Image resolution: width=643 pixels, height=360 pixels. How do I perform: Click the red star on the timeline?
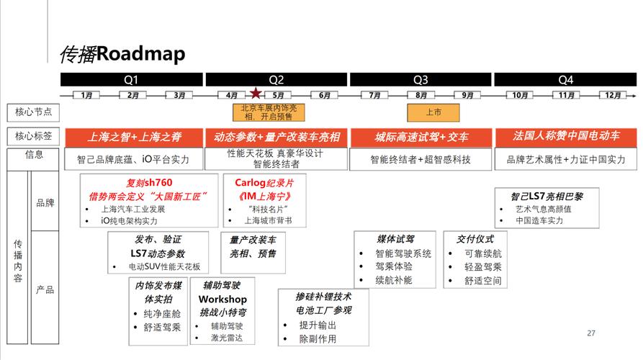click(256, 94)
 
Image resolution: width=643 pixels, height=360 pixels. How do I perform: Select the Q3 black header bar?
click(421, 79)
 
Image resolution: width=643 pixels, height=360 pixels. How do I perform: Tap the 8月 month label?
click(421, 96)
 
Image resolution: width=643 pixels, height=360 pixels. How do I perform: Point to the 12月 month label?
click(613, 96)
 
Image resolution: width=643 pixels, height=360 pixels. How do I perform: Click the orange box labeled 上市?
click(433, 112)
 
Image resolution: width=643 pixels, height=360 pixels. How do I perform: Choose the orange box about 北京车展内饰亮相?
click(269, 112)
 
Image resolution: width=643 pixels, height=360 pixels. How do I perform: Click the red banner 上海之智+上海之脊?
click(134, 138)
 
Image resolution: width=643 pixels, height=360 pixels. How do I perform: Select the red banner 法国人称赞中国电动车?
click(566, 137)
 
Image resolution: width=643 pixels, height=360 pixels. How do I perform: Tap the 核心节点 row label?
click(33, 112)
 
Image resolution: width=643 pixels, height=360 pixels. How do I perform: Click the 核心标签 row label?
click(33, 137)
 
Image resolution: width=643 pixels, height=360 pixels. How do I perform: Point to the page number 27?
click(591, 333)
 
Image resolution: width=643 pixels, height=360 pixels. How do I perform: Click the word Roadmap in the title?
click(140, 54)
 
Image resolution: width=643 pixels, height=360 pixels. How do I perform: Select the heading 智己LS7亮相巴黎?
click(547, 197)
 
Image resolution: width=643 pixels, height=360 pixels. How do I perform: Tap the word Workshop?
click(222, 299)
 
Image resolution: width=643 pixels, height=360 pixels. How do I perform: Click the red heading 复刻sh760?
click(149, 182)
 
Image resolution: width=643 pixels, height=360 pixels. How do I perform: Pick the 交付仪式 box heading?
click(475, 239)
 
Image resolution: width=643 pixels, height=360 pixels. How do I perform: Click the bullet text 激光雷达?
click(227, 338)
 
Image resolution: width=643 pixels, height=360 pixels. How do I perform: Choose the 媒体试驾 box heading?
click(395, 239)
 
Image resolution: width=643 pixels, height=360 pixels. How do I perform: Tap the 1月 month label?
click(86, 96)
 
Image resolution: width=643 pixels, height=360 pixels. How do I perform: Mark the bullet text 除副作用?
click(318, 339)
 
